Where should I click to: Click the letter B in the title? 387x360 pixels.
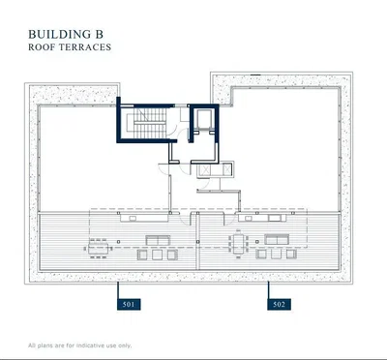99,34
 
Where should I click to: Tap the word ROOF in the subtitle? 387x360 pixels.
41,47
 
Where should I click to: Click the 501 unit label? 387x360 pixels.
129,304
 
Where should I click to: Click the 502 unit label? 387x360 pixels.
279,304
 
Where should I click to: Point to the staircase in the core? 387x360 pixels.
151,123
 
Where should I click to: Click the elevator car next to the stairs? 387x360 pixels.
204,119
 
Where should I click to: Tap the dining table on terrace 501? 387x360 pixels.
99,249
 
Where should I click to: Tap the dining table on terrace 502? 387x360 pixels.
239,244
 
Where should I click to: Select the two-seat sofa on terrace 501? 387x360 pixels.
158,240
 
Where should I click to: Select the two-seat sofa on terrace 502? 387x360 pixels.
277,239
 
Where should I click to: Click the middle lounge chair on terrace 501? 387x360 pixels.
158,255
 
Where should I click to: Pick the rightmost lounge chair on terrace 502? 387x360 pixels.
291,254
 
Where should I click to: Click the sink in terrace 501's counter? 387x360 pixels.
133,219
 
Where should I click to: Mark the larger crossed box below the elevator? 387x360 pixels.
204,169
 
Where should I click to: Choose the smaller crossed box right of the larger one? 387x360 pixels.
226,169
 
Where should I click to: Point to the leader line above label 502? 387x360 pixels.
268,290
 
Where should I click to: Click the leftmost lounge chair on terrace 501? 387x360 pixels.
142,255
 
